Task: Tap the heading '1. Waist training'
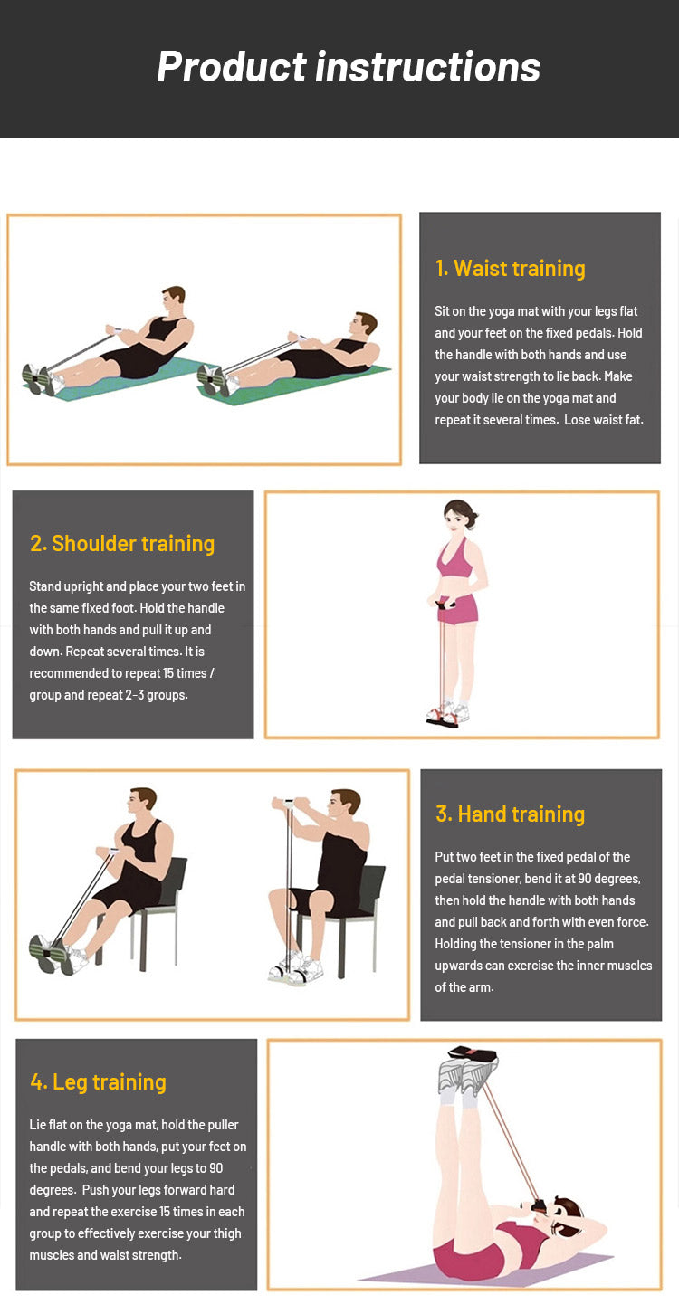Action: (510, 269)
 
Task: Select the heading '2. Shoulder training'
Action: (122, 544)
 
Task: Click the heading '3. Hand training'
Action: (510, 814)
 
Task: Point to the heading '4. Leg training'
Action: (98, 1082)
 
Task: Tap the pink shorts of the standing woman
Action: (458, 608)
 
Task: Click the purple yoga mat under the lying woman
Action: (487, 1269)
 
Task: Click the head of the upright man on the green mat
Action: (173, 300)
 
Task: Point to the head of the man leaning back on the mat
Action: (363, 324)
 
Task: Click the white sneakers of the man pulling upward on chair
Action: (296, 967)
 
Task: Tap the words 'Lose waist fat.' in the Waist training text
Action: (603, 420)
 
